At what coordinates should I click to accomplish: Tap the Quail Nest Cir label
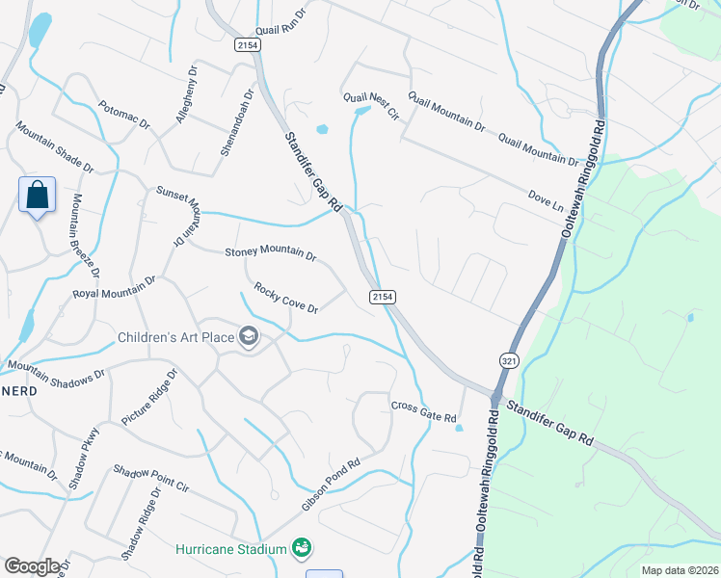pos(371,106)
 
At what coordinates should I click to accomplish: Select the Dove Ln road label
pos(545,199)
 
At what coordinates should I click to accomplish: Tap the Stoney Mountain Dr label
pos(271,254)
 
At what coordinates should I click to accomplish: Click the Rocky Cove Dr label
pos(286,298)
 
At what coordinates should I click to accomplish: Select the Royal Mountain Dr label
pos(115,287)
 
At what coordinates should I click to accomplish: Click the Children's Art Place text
pos(176,337)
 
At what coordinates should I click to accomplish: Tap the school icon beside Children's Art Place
pos(249,336)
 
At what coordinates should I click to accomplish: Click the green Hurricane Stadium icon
pos(302,548)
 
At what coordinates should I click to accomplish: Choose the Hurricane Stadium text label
pos(231,549)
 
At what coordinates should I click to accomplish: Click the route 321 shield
pos(508,359)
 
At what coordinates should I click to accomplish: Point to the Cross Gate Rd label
pos(423,411)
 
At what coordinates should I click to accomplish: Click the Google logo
pos(32,566)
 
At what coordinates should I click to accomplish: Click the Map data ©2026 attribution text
pos(679,570)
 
